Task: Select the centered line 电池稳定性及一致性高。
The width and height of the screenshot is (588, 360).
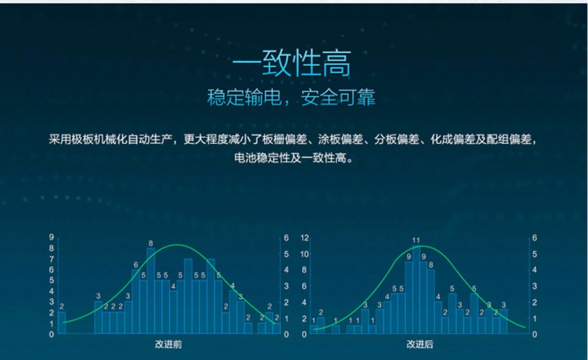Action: pyautogui.click(x=293, y=156)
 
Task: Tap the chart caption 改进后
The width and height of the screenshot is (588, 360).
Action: pyautogui.click(x=420, y=343)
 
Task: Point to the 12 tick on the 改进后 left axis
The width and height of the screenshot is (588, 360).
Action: pyautogui.click(x=304, y=238)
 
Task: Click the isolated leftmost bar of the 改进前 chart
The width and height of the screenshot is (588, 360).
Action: pyautogui.click(x=62, y=323)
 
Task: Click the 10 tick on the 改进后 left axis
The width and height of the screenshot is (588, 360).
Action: pyautogui.click(x=304, y=254)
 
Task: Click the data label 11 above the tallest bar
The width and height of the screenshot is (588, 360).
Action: pyautogui.click(x=416, y=240)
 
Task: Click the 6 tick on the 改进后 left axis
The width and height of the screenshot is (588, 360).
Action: pyautogui.click(x=304, y=286)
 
